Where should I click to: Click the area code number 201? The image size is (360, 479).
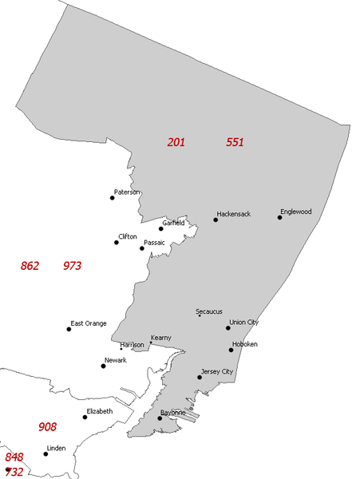176,142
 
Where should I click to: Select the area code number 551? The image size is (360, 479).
235,142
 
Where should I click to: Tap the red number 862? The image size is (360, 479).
30,266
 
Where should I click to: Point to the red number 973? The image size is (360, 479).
72,266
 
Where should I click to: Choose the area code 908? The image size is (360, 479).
47,427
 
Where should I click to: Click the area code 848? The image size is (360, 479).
14,457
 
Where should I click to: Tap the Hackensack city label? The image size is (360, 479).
234,215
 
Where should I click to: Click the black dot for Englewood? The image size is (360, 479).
280,217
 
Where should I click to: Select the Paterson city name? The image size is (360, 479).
127,192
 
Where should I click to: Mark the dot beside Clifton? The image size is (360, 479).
117,242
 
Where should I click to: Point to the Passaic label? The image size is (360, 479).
154,242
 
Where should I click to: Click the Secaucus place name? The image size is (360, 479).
209,311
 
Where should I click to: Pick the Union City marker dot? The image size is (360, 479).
228,327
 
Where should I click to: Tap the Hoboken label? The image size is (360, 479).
245,344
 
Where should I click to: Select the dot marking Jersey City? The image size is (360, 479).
200,377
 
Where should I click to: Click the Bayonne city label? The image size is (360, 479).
172,413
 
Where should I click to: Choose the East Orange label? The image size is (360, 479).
89,323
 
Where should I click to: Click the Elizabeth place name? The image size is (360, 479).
100,411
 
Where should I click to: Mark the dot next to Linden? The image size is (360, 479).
45,453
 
